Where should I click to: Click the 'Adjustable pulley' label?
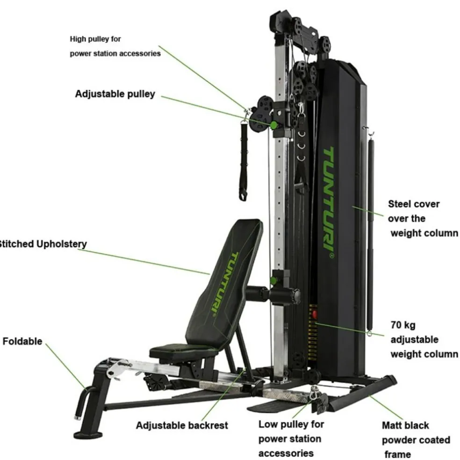(115, 94)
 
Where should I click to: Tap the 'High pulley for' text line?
(95, 39)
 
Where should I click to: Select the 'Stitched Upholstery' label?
(42, 244)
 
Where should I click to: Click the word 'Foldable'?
(22, 341)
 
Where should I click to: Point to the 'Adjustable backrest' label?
(182, 425)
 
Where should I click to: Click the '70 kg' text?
(402, 324)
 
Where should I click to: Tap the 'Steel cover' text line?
(414, 204)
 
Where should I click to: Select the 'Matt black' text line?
(405, 425)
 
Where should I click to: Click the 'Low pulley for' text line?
(290, 424)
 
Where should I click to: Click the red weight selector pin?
(314, 314)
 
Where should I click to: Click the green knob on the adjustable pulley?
(273, 125)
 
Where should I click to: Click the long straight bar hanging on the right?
(371, 234)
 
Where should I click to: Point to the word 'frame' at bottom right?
(397, 454)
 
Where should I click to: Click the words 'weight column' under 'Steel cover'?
(424, 233)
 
